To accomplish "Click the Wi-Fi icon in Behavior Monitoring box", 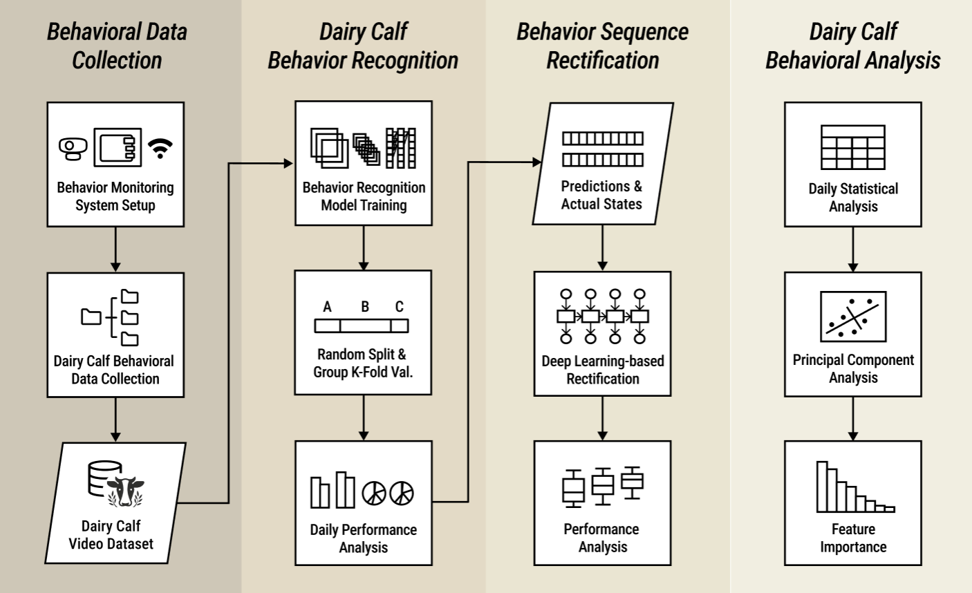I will [x=160, y=148].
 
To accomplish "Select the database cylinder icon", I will [x=104, y=478].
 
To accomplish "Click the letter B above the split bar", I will [x=365, y=306].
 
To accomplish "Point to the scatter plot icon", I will [x=852, y=317].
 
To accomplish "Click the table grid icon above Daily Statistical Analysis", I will [x=852, y=147].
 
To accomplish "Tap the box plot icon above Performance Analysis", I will [x=602, y=484].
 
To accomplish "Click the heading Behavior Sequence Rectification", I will [x=602, y=46].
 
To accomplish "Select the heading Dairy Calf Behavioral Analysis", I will [x=852, y=46].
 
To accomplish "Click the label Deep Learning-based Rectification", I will [x=602, y=370].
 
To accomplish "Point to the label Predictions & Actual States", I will [x=601, y=195].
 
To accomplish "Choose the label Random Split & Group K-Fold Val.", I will [x=363, y=363].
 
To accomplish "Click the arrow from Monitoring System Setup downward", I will [x=115, y=249].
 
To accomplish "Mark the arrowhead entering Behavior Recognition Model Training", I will [x=289, y=163].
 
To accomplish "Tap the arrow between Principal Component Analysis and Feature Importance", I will [x=852, y=419].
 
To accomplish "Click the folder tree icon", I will [x=111, y=317].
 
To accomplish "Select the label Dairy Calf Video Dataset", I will [x=111, y=535].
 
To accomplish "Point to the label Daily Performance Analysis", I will [x=363, y=538].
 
